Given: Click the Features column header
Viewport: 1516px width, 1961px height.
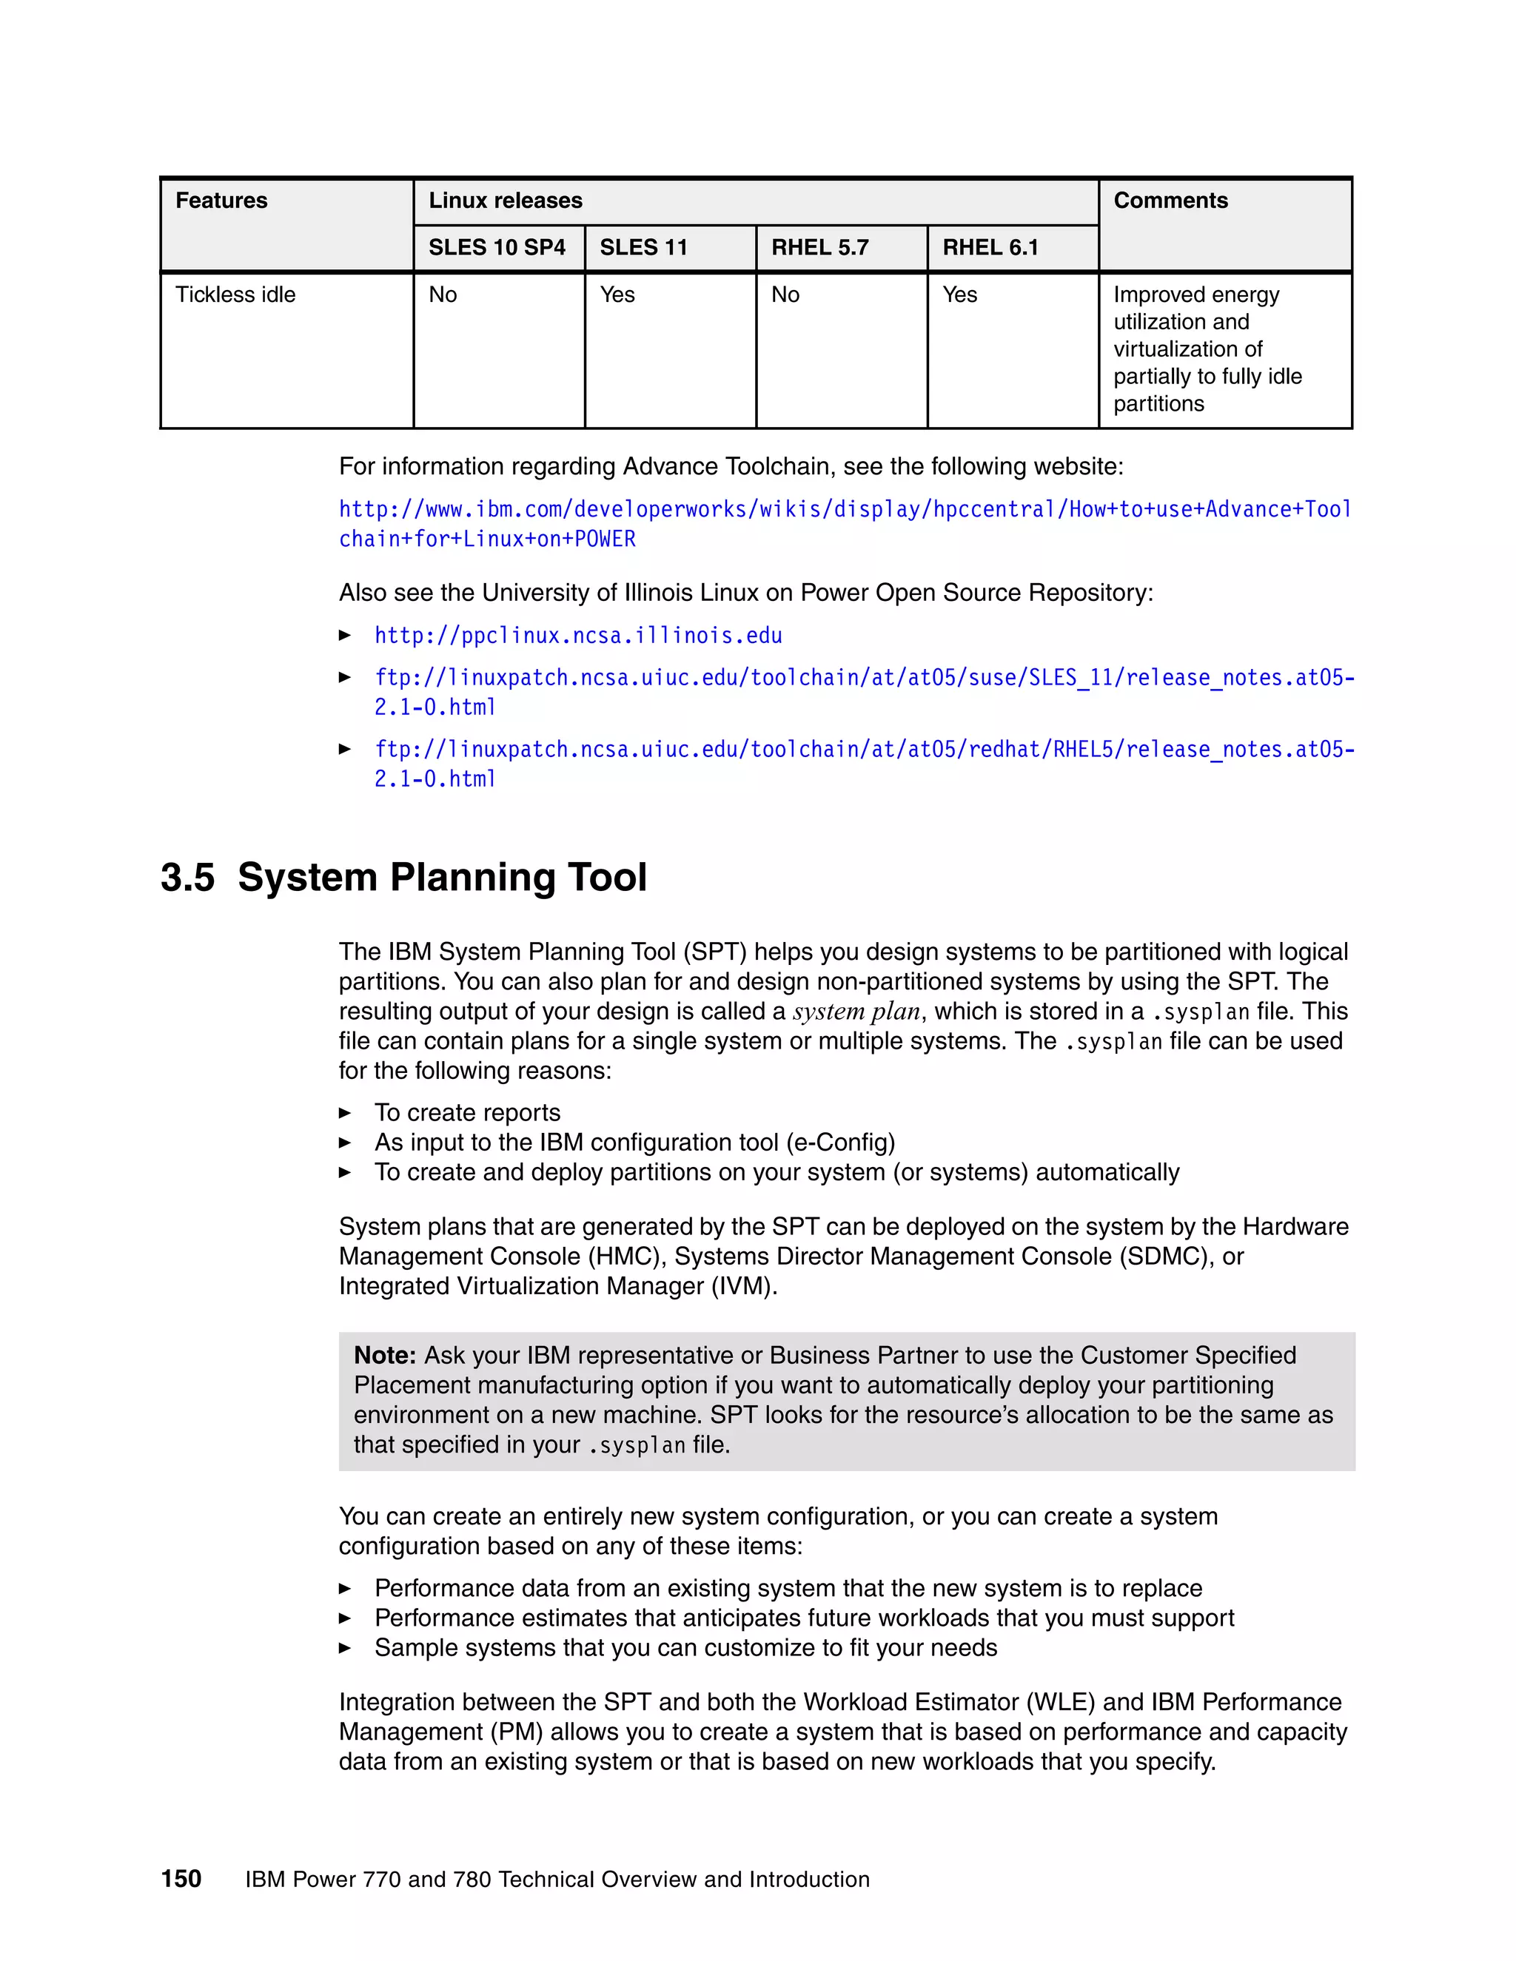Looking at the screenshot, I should tap(221, 201).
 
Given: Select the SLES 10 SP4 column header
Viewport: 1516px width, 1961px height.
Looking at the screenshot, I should tap(497, 248).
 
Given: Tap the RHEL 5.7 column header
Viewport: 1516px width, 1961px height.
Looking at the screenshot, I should tap(819, 248).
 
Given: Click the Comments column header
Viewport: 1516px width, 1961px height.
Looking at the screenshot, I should tap(1170, 201).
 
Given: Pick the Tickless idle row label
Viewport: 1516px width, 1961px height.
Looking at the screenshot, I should tap(235, 295).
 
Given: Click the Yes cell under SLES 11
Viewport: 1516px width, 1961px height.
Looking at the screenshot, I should tap(617, 295).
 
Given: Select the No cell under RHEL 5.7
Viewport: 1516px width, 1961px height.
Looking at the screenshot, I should tap(785, 295).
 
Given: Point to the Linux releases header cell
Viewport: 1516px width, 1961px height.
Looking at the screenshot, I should tap(505, 201).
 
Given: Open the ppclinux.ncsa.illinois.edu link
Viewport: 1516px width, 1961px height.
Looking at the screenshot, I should tap(577, 636).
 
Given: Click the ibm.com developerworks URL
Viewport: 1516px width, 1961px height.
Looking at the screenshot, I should tap(844, 510).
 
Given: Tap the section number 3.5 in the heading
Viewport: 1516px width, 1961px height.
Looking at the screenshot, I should tap(188, 877).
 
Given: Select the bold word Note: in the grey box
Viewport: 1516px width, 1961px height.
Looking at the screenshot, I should tap(384, 1355).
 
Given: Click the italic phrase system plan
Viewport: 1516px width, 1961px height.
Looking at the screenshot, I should tap(856, 1012).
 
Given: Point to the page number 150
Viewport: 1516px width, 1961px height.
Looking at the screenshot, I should tap(181, 1880).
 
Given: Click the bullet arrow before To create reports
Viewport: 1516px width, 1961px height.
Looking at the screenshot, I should tap(345, 1114).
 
